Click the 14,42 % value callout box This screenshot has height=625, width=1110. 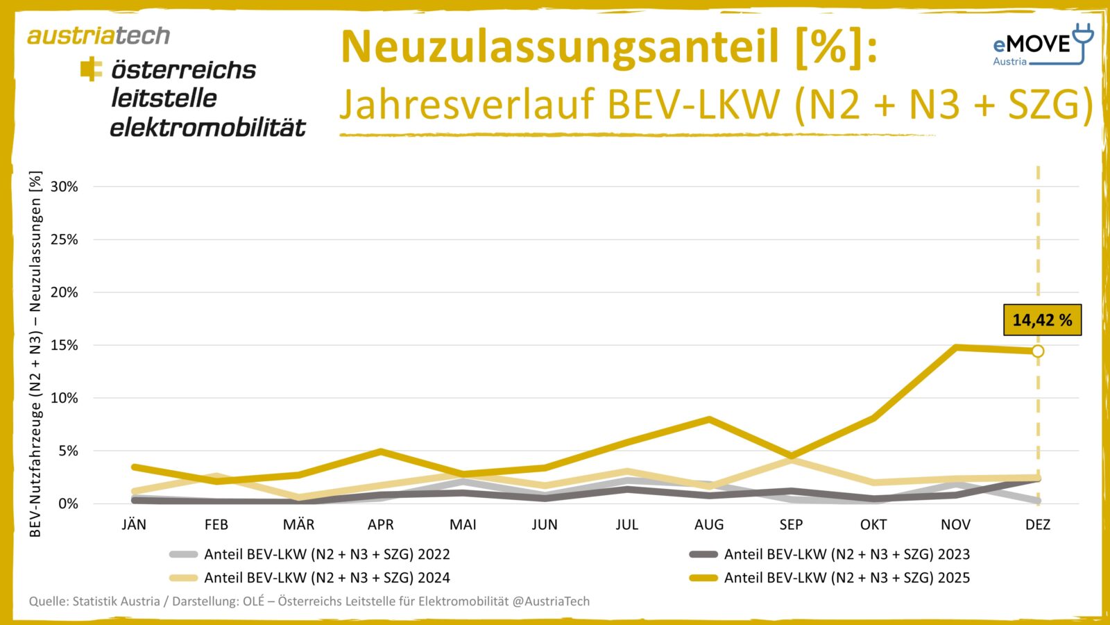(1042, 320)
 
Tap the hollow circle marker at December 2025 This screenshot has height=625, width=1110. (1038, 351)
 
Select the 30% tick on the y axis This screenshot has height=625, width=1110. (64, 187)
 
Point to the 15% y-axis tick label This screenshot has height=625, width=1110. (64, 345)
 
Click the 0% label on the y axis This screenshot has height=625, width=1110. (67, 503)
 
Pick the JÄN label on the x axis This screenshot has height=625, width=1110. (134, 525)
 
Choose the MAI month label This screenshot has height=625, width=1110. (463, 525)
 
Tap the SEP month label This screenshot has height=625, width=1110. (791, 525)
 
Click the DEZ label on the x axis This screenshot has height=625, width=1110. (1038, 525)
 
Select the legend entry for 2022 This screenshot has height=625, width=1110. (326, 554)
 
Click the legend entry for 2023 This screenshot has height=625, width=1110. (846, 554)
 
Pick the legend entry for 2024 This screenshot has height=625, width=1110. (326, 578)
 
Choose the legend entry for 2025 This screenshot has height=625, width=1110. (846, 578)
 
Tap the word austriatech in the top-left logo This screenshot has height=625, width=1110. (99, 35)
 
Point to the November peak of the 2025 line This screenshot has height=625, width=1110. (956, 347)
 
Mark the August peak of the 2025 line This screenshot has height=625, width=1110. (709, 419)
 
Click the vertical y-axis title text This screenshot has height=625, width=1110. (35, 354)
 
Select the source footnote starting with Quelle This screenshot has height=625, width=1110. (309, 601)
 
